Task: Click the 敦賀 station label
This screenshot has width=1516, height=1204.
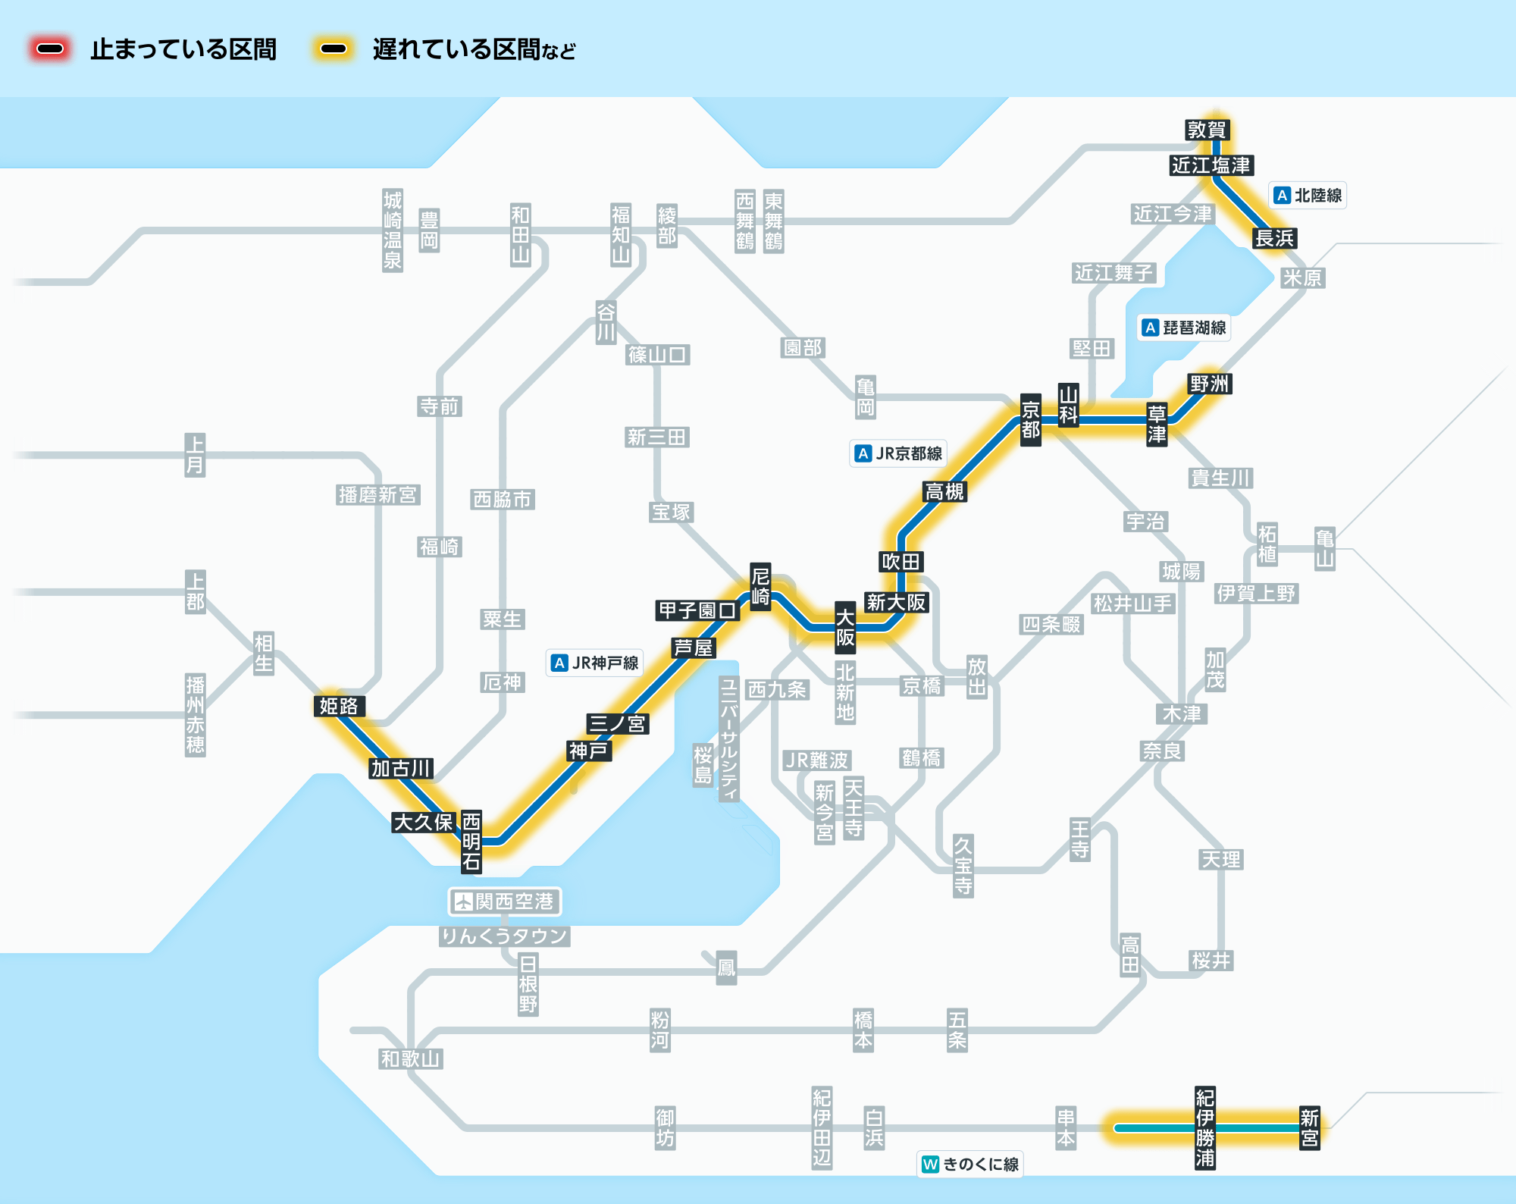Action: [x=1207, y=130]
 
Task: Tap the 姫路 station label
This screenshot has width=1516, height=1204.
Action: [x=339, y=706]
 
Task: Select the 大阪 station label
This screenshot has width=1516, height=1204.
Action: [x=845, y=627]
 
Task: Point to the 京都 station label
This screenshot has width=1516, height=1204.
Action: [x=1031, y=420]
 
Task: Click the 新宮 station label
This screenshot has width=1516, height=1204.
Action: [x=1310, y=1128]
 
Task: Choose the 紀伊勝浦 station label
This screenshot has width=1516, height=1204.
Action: [x=1205, y=1128]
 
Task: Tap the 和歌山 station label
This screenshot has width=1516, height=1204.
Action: [x=411, y=1058]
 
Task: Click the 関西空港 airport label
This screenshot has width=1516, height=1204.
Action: [x=505, y=901]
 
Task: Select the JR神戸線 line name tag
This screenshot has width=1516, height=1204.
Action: [x=595, y=663]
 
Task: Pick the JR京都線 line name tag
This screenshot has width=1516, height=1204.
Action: [x=899, y=453]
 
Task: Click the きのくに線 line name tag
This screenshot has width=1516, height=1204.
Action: [x=970, y=1164]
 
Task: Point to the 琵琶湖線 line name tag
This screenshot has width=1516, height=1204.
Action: [x=1184, y=328]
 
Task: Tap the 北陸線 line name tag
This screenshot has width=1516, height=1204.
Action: [x=1308, y=196]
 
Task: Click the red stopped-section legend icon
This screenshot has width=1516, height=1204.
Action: [x=50, y=49]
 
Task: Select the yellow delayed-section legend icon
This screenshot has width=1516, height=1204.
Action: [x=334, y=49]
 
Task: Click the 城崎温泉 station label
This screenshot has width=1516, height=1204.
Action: [x=393, y=230]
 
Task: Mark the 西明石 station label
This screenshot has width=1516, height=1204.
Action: [x=471, y=841]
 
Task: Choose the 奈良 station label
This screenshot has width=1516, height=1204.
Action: [x=1163, y=751]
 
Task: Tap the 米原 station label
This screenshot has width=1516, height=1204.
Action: [x=1302, y=277]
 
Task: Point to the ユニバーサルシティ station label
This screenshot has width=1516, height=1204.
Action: [x=729, y=738]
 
